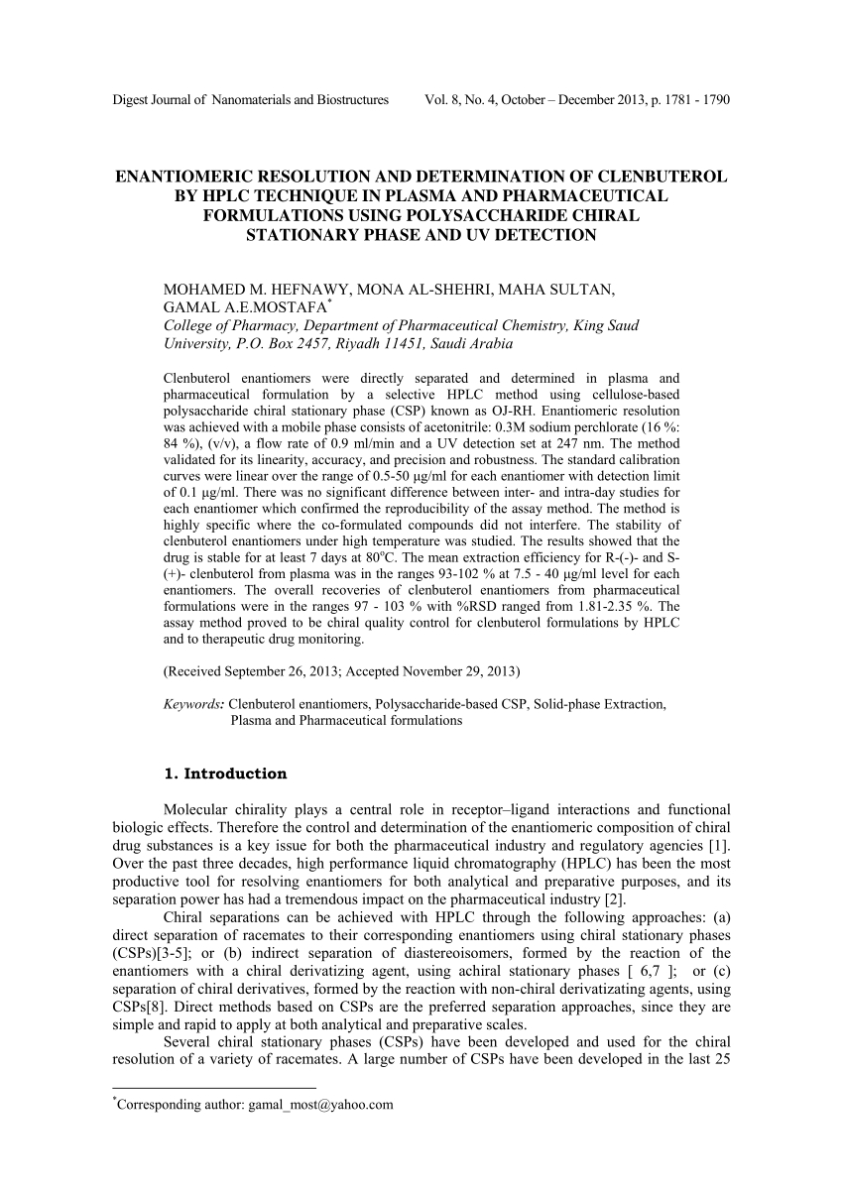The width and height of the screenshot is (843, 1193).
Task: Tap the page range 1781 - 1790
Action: tap(693, 100)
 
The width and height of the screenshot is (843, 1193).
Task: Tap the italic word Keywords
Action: tap(193, 704)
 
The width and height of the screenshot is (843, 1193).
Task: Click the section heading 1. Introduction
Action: tap(224, 774)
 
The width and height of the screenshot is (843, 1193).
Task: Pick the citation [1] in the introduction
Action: tap(722, 845)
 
